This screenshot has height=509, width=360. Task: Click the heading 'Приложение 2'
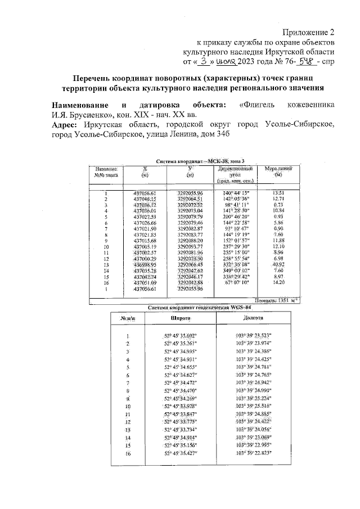[x=309, y=32]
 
